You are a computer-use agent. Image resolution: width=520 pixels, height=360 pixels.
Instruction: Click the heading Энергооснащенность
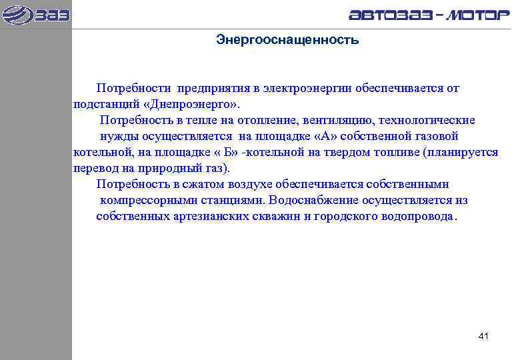click(x=287, y=41)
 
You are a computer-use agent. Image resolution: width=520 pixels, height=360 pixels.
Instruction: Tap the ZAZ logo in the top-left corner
click(x=36, y=14)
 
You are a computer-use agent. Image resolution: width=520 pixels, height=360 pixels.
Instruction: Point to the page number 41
click(x=484, y=336)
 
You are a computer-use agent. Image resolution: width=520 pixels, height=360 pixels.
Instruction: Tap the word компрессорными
click(x=143, y=201)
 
